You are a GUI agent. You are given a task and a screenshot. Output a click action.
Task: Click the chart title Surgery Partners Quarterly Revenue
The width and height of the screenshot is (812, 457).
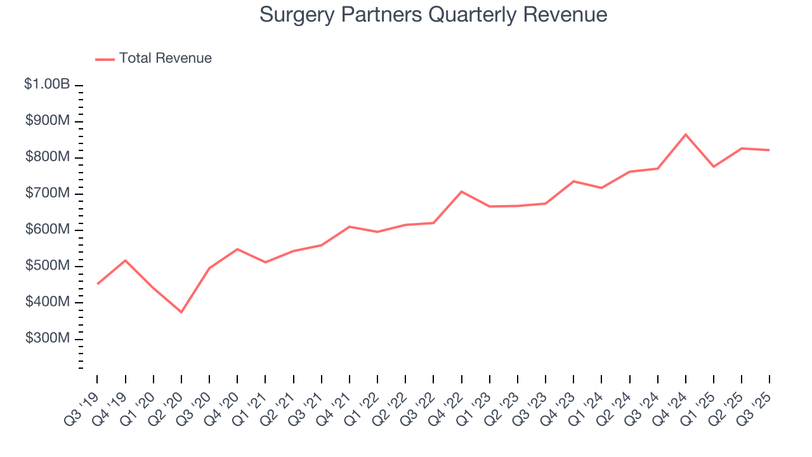(433, 15)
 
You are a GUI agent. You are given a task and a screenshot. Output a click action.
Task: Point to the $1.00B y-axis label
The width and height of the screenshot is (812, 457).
(47, 84)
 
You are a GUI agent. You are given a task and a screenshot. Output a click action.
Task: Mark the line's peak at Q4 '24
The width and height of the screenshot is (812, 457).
(686, 135)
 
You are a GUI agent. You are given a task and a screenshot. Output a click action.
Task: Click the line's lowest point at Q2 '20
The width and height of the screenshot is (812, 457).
(181, 312)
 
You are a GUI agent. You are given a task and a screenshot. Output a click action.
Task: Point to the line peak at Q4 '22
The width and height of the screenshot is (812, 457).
(461, 191)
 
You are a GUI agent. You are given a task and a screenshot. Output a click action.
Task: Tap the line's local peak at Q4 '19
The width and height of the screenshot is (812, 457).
(125, 260)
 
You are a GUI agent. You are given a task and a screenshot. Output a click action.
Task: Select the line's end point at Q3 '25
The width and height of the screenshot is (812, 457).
(769, 150)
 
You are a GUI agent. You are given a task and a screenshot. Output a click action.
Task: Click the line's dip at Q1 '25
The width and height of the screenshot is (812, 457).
(714, 167)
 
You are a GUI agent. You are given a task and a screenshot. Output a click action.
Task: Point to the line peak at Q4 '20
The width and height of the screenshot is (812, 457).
(237, 249)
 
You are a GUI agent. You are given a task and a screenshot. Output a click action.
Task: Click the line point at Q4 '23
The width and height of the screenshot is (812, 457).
(573, 182)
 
